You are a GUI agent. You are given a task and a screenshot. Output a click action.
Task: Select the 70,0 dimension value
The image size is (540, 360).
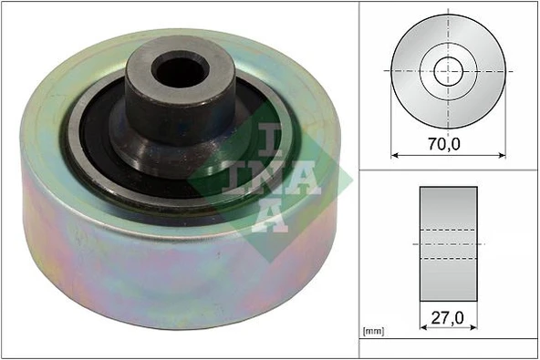click(447, 142)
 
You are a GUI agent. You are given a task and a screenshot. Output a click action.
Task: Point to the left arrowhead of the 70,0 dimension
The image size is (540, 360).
click(394, 154)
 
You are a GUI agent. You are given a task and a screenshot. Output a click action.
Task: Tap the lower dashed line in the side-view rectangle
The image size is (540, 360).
click(448, 258)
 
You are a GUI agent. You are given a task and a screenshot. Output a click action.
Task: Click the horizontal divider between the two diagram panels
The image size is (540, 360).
click(447, 170)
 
